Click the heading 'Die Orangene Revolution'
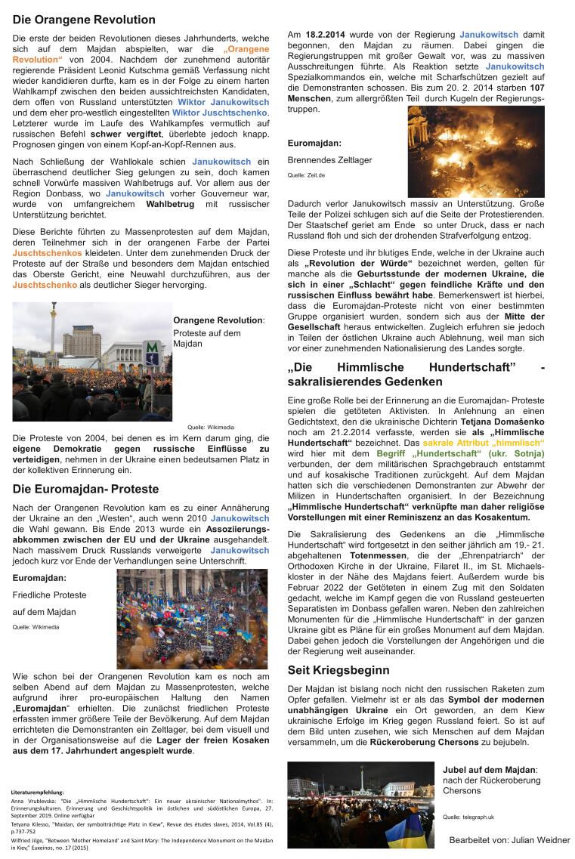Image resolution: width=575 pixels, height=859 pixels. point(84,20)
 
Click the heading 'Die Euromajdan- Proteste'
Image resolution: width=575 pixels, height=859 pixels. point(85,489)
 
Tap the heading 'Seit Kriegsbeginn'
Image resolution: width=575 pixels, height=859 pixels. point(339,670)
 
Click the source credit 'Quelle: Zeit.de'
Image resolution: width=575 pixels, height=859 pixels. point(306,175)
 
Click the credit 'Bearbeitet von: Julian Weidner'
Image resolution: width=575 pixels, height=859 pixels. point(509,839)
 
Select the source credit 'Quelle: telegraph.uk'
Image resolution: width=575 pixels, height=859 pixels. point(468,817)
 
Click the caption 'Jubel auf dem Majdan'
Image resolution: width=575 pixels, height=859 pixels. point(489,769)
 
